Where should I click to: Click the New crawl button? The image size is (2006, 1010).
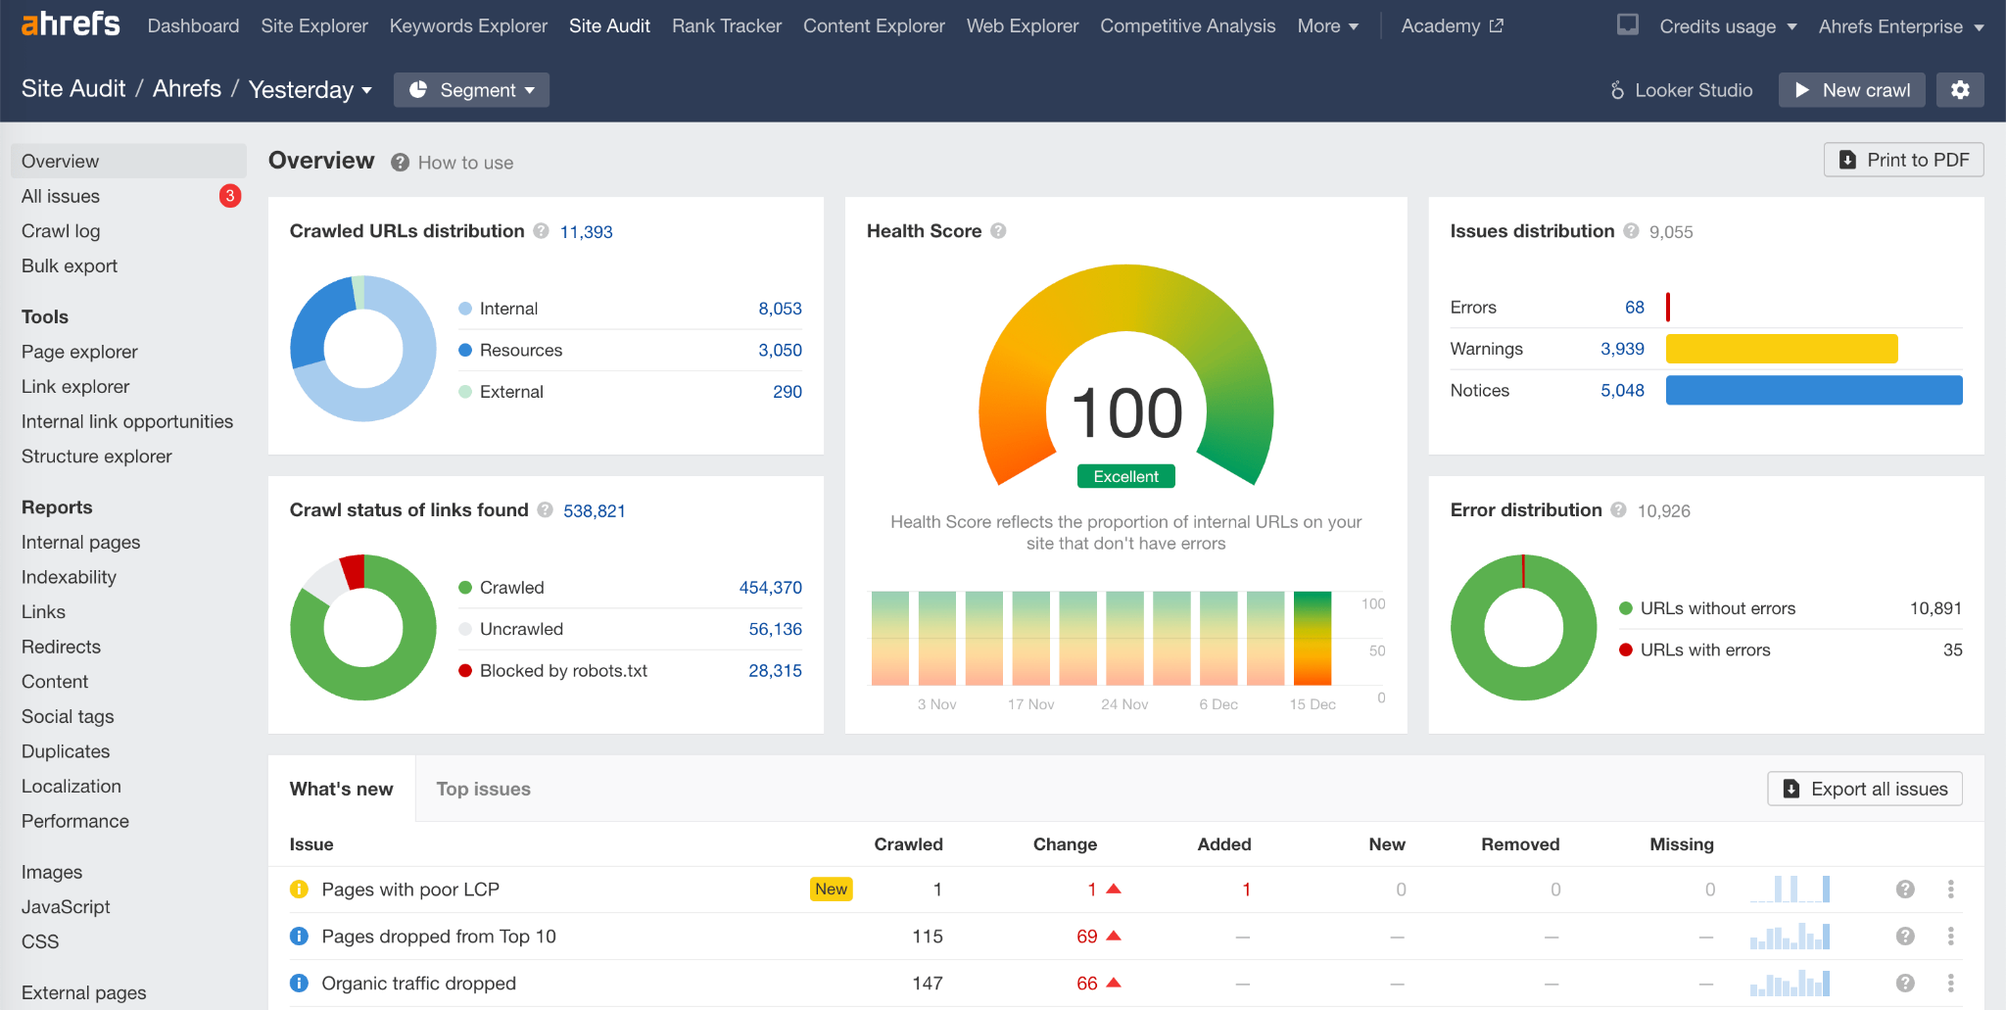(1851, 90)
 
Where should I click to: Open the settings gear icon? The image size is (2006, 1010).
(1959, 90)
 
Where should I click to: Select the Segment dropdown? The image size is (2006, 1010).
(471, 90)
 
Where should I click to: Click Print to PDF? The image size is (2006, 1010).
(1903, 160)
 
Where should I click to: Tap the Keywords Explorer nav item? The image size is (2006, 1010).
(468, 26)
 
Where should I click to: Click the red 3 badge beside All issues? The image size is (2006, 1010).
(230, 196)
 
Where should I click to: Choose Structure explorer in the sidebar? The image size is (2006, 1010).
(96, 457)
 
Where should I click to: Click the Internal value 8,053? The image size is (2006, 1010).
(780, 309)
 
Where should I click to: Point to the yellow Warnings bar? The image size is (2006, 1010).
(1781, 349)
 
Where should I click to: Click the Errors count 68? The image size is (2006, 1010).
(1634, 308)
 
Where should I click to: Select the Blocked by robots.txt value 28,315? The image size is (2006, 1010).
(775, 671)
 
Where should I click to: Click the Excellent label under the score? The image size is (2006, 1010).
(1125, 477)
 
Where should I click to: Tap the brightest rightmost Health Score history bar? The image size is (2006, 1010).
(1312, 638)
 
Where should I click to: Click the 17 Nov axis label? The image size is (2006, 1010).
(1030, 704)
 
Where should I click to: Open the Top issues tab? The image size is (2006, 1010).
(483, 790)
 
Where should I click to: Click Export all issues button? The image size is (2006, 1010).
(1864, 790)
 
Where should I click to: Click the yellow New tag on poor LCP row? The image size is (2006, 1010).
(831, 890)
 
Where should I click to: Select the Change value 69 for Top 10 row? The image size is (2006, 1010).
(1086, 937)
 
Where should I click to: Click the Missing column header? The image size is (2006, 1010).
(1681, 844)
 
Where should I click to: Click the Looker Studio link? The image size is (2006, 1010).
(1681, 90)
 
